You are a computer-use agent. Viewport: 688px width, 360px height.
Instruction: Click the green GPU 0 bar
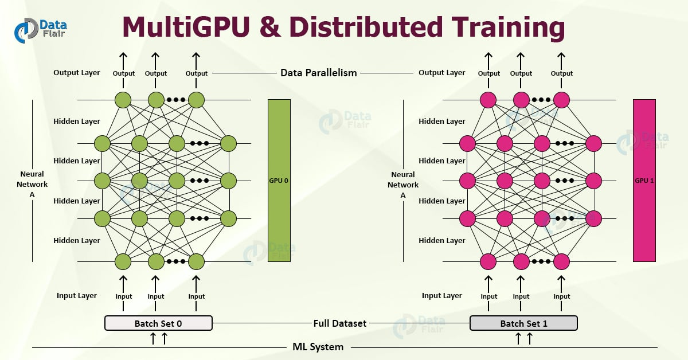click(279, 180)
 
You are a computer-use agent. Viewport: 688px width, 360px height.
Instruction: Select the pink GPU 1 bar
click(644, 180)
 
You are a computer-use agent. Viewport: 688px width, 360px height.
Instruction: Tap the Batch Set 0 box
click(158, 323)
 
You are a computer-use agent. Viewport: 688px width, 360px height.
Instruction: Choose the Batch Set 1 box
click(523, 323)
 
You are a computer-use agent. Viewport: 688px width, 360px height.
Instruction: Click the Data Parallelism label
click(318, 73)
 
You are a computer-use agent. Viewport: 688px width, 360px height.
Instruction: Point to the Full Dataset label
click(340, 323)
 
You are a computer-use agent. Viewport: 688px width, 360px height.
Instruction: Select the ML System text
click(318, 347)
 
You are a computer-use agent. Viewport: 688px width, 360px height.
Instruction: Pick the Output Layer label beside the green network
click(77, 73)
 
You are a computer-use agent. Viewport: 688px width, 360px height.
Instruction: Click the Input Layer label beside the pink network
click(442, 296)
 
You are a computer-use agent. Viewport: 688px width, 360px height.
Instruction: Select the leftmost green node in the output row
click(123, 100)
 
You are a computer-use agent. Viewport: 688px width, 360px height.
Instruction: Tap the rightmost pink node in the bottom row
click(561, 261)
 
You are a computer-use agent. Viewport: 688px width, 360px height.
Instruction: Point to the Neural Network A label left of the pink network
click(403, 185)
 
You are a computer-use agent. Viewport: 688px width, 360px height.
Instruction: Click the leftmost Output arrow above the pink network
click(488, 60)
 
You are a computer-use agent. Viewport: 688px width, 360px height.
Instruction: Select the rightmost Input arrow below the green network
click(196, 283)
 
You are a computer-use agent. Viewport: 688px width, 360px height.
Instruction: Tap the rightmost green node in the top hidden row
click(228, 143)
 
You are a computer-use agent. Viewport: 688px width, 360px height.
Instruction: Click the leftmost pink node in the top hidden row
click(467, 143)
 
